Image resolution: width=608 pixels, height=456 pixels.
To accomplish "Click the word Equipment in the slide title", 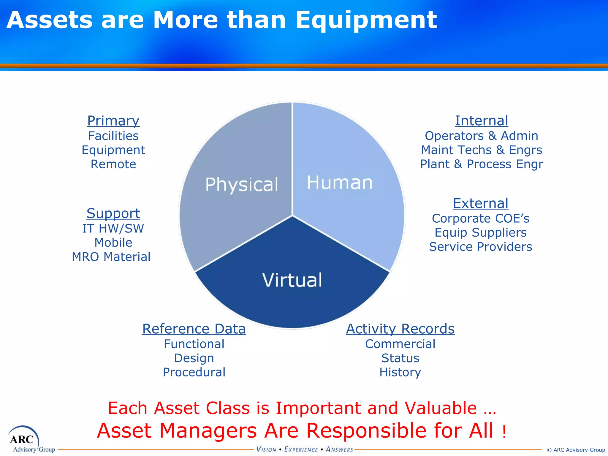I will (366, 20).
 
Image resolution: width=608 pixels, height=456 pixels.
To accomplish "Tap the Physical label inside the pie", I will (242, 184).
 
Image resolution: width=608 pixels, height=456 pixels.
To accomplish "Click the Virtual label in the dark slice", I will (292, 280).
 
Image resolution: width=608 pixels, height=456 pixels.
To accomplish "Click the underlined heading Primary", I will (113, 121).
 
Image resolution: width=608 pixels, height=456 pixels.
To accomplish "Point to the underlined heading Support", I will (113, 213).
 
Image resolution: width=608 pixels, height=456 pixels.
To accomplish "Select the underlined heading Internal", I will (482, 121).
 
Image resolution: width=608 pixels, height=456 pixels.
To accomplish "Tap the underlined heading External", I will (480, 204).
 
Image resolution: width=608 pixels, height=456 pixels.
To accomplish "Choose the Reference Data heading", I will (194, 329).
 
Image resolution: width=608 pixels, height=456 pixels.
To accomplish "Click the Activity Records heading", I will (400, 329).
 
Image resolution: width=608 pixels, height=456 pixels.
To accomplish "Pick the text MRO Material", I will (111, 257).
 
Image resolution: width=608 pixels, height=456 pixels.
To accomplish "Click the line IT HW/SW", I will (113, 229).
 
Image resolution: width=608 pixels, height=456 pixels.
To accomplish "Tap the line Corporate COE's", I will (480, 218).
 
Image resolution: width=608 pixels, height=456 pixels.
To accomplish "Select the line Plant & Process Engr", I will (482, 164).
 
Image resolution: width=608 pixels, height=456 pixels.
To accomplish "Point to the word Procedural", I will (194, 372).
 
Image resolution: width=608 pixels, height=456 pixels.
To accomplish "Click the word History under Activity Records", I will (400, 372).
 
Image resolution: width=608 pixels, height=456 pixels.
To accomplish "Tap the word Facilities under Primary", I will (113, 136).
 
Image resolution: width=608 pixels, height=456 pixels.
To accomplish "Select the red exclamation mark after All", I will (504, 432).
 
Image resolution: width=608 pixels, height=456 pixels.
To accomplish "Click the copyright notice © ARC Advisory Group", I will (576, 450).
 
